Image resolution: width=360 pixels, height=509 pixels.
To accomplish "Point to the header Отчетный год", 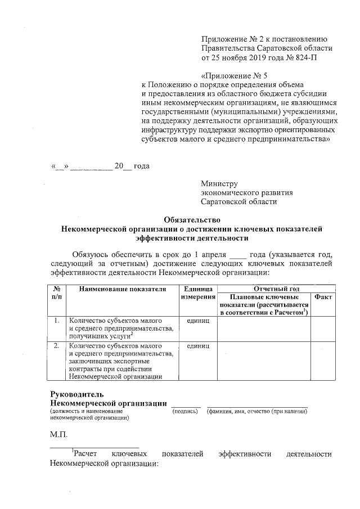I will point(276,289).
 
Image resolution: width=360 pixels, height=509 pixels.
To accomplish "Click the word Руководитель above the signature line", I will point(77,394).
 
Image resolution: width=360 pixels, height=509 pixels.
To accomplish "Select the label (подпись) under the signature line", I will point(185,412).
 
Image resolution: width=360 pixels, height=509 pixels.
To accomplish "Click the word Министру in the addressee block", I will point(219,183).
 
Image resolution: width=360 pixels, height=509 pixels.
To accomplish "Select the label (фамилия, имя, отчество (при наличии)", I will point(257,412).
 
